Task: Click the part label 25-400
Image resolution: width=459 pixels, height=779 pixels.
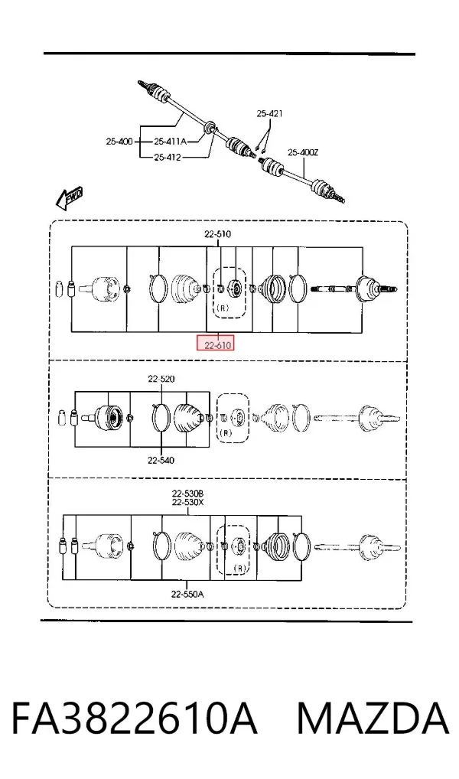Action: tap(119, 142)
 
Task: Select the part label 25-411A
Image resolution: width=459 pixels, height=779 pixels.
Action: tap(170, 142)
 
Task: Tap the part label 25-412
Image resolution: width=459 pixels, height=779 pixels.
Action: tap(168, 158)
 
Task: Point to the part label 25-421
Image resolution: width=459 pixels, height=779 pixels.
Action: tap(270, 114)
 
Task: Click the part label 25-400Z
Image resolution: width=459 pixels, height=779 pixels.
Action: tap(303, 152)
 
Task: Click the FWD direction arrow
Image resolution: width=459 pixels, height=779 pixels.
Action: tap(69, 197)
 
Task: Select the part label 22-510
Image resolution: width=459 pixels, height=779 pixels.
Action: tap(217, 234)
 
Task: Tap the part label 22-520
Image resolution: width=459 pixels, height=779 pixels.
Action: tap(161, 379)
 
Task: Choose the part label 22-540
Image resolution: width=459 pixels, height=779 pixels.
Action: tap(161, 461)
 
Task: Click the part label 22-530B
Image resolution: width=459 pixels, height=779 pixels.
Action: tap(187, 494)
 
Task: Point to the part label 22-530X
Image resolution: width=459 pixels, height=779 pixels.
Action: tap(187, 502)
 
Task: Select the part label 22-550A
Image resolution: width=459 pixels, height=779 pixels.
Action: tap(187, 594)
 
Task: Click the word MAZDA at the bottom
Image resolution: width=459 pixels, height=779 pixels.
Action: tap(373, 719)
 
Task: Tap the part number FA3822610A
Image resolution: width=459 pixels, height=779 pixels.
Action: tap(134, 719)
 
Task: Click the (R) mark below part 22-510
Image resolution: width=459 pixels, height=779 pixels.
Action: tap(223, 308)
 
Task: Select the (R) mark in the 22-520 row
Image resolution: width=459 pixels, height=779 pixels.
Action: tap(226, 432)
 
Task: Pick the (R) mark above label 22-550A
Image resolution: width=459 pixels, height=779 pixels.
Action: tap(240, 568)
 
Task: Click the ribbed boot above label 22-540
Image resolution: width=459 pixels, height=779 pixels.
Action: tap(187, 418)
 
